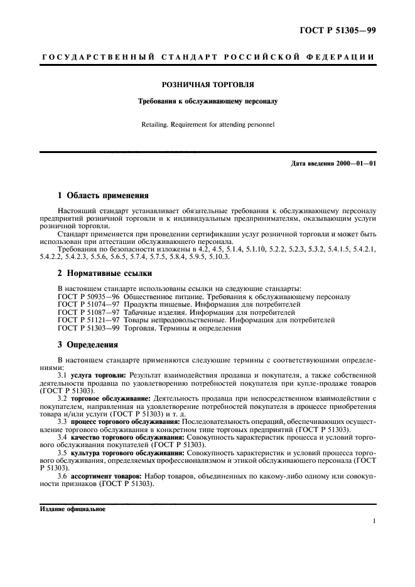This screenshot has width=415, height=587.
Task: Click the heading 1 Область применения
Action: tap(103, 196)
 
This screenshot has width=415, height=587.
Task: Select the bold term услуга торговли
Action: tap(94, 374)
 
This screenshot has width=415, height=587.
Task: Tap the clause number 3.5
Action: tap(63, 453)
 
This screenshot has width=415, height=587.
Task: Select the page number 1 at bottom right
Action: tap(374, 521)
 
